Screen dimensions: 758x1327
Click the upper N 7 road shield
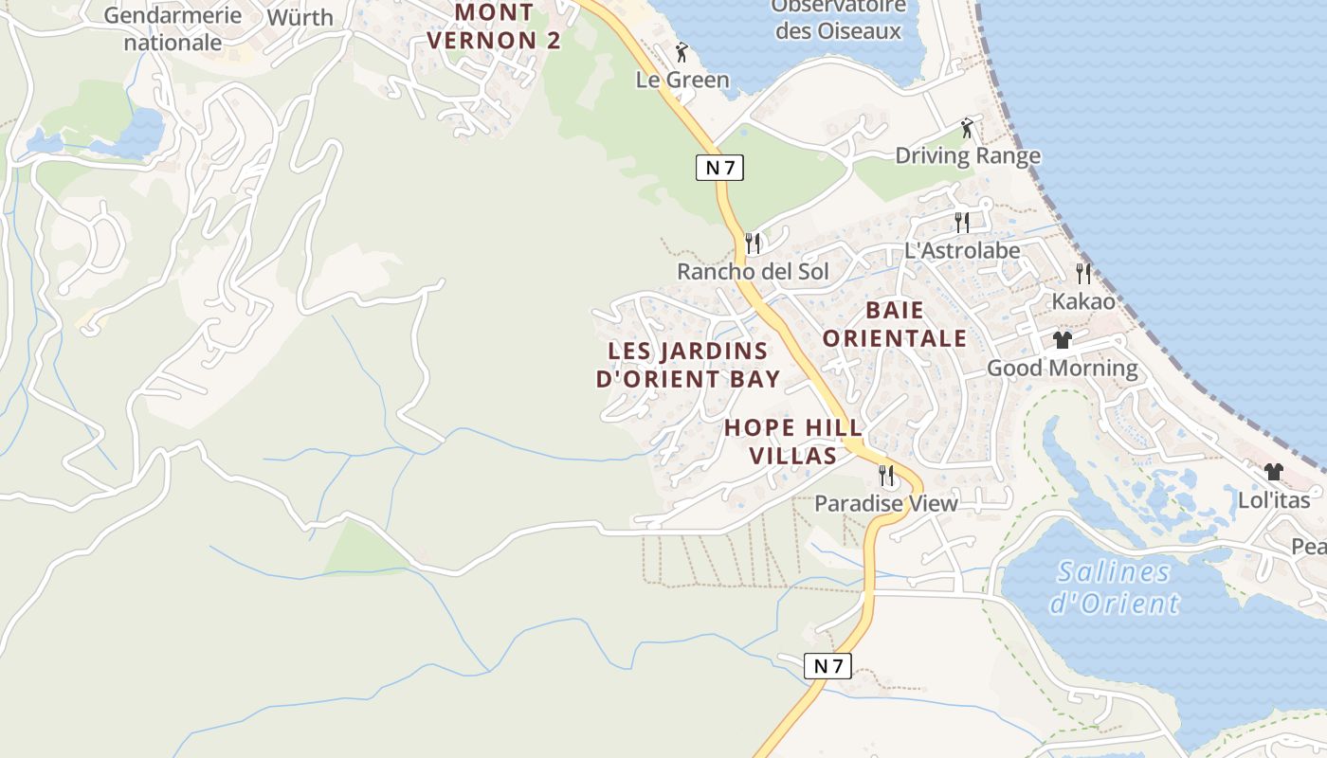719,168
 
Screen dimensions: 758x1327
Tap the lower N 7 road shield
827,666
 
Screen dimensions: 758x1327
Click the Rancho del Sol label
753,272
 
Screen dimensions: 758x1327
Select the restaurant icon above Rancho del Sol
753,244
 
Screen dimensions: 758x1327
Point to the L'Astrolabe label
962,250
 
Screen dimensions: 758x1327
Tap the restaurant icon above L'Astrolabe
962,223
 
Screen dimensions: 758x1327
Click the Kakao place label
1083,301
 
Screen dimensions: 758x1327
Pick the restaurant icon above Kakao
1083,274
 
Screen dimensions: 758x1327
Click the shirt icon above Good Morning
1062,340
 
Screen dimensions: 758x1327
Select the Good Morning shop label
1063,368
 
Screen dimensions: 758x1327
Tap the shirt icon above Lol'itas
1274,472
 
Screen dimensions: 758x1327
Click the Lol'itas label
1274,500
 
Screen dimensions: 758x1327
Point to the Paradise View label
886,503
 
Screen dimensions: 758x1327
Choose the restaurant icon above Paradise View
886,475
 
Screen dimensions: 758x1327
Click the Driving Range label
968,156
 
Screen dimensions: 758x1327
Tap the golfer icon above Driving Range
967,128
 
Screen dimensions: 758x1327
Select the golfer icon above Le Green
682,52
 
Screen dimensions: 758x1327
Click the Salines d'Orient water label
1114,587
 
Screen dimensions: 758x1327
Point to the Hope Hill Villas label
780,442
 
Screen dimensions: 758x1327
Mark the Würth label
300,18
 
